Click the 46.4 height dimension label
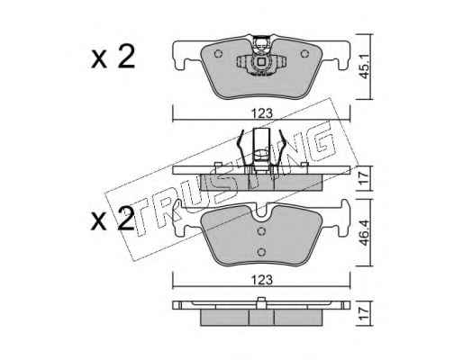364,233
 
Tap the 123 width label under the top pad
262,113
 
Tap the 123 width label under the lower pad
262,280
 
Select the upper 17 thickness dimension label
364,178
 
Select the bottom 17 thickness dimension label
364,313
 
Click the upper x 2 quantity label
113,57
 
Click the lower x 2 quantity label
113,220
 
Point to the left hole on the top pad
218,54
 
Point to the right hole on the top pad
304,54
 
